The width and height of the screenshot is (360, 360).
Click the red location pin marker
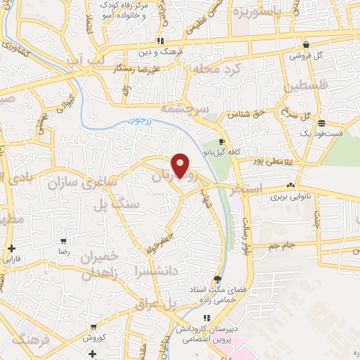point(181,165)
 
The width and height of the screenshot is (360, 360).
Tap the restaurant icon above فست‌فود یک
point(321,122)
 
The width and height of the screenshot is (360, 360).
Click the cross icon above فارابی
point(12,248)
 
